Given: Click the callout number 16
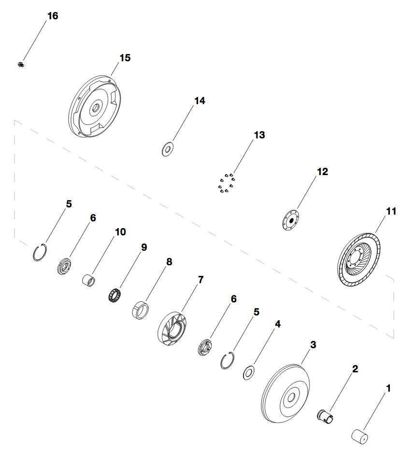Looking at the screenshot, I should click(x=52, y=16).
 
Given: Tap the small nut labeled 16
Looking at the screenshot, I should click(x=21, y=64).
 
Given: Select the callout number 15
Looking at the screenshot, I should click(x=125, y=57).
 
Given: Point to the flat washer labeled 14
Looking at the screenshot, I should click(x=168, y=150).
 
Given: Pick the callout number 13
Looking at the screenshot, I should click(x=259, y=135).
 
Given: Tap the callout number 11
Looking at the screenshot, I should click(x=391, y=211).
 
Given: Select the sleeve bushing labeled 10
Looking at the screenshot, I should click(x=89, y=280).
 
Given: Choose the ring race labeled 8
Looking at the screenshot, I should click(x=140, y=309).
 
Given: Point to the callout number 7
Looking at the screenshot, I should click(x=200, y=279).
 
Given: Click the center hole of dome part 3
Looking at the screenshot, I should click(x=291, y=398).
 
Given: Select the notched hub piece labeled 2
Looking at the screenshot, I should click(x=325, y=415).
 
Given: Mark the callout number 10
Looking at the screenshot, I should click(x=120, y=232).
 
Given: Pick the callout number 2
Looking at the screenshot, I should click(x=355, y=369).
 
